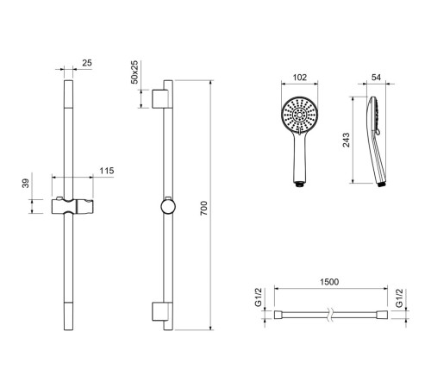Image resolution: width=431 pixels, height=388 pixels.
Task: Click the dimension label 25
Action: coord(87,63)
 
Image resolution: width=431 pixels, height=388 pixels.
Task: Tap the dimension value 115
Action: coord(107,171)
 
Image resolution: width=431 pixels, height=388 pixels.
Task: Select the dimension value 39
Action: coord(26,183)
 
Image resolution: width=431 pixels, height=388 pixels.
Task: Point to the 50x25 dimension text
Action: coord(134,72)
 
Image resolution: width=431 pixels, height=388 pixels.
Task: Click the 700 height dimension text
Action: coord(203,209)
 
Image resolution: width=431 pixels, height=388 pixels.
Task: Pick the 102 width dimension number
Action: coord(299,78)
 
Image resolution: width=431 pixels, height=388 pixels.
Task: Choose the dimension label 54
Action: coord(376,78)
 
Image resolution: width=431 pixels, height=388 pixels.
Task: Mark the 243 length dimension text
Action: coord(347,140)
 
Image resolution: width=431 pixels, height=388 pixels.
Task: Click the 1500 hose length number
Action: coord(329,282)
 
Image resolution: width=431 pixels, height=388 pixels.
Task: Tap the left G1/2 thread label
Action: coord(259,297)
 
